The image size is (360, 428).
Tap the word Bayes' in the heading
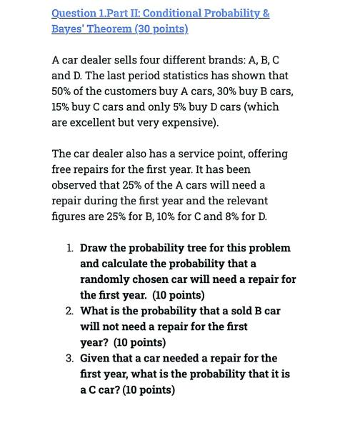tap(69, 29)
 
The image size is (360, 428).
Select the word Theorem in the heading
tap(117, 29)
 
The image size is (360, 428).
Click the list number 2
tap(69, 311)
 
